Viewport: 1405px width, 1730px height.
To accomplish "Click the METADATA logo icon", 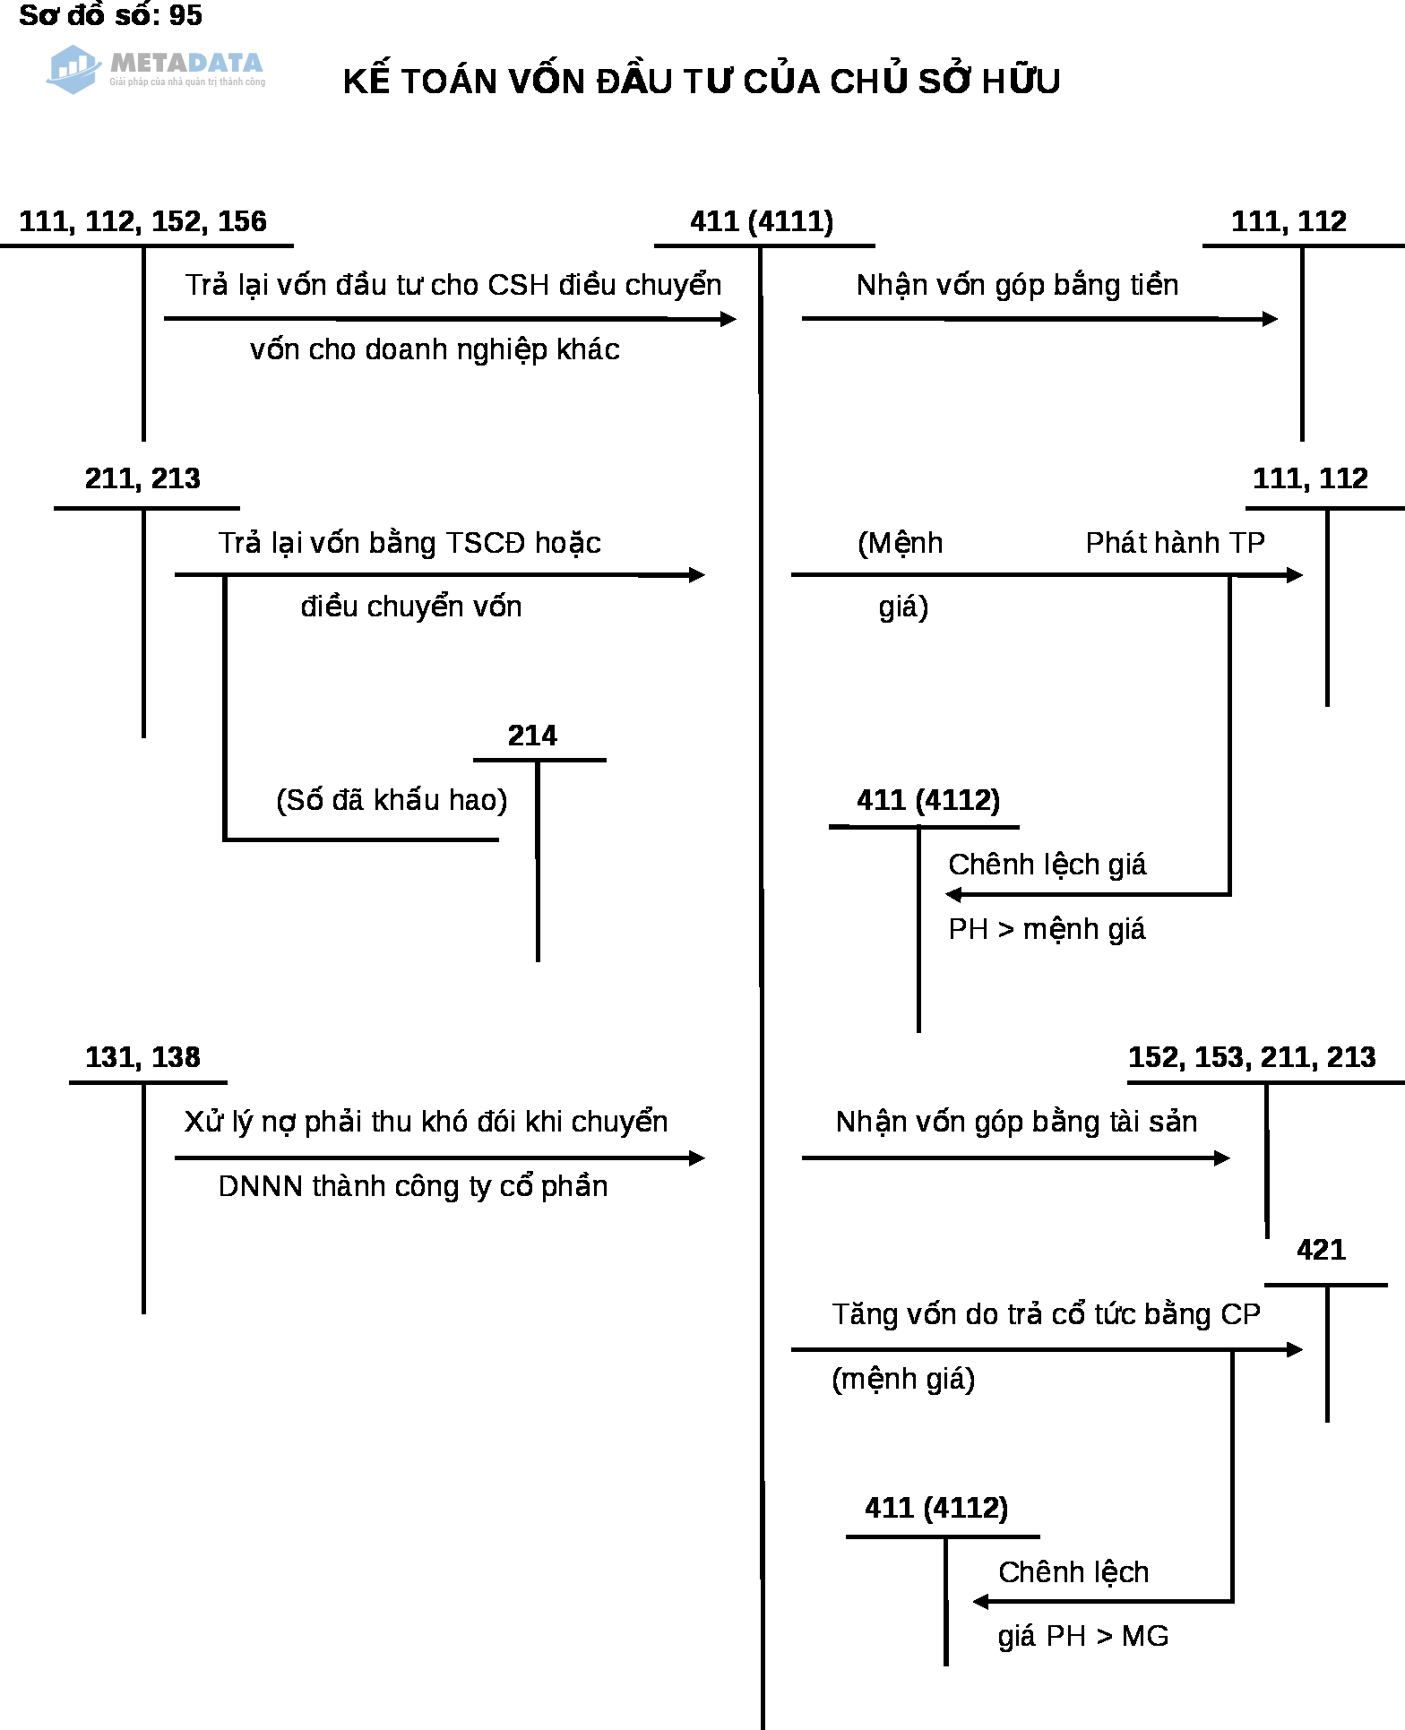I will click(x=73, y=69).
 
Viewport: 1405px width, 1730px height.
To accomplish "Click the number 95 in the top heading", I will click(x=185, y=15).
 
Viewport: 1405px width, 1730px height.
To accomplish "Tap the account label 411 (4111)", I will click(x=762, y=221).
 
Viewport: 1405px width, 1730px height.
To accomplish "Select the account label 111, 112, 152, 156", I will click(x=142, y=221).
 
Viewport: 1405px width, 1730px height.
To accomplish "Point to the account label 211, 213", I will click(x=142, y=478).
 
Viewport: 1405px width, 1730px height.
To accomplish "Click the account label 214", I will click(x=532, y=736).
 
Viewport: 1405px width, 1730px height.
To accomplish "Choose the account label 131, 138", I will click(x=142, y=1057).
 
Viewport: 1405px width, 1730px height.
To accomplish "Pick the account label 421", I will click(x=1321, y=1250).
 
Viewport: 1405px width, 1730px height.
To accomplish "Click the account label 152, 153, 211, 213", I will click(x=1252, y=1057).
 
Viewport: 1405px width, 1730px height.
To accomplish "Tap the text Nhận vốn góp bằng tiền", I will click(x=1017, y=285).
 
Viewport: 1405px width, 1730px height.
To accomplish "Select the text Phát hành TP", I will click(x=1175, y=543).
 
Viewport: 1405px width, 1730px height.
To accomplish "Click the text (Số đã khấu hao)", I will click(x=392, y=800).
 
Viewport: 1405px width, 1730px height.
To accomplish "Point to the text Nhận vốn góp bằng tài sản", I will click(x=1016, y=1122).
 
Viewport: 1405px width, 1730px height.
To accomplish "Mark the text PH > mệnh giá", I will click(x=1047, y=929).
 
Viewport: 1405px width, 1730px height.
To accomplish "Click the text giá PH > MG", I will click(x=1083, y=1637).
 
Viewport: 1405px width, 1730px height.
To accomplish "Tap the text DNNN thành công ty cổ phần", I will click(x=413, y=1186).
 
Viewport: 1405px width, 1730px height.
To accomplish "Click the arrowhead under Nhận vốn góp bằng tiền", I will click(x=1270, y=319).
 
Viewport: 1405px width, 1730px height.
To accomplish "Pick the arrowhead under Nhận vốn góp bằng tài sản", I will click(x=1222, y=1158).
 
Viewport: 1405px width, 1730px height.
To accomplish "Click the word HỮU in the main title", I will click(x=1021, y=82).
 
